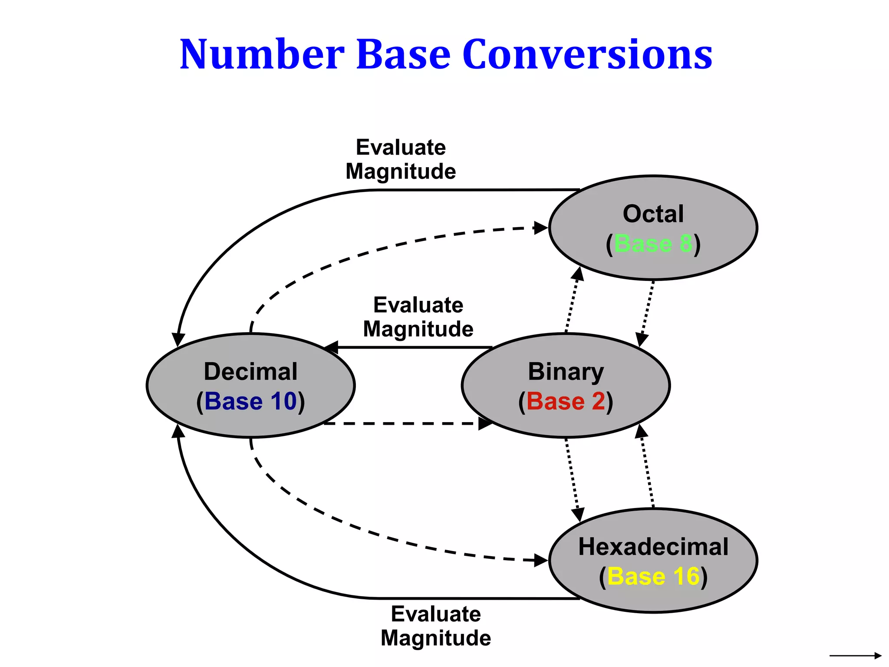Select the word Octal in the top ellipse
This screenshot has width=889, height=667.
(x=653, y=214)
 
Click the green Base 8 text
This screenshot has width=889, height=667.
(x=653, y=243)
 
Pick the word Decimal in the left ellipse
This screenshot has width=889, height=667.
(x=251, y=372)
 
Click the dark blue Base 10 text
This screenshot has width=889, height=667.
(x=251, y=401)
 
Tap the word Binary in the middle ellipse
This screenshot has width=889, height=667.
(x=566, y=372)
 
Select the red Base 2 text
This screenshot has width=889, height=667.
(x=566, y=401)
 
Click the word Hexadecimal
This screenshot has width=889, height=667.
(x=653, y=547)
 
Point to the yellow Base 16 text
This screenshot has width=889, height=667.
(x=653, y=576)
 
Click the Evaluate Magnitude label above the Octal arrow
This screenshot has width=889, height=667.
(x=401, y=159)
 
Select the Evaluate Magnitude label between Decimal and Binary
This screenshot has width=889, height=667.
(x=418, y=317)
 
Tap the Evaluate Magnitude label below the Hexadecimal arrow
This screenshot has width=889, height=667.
(x=436, y=626)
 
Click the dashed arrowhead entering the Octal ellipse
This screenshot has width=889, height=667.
(x=541, y=228)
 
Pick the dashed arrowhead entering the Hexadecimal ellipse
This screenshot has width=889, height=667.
(x=541, y=560)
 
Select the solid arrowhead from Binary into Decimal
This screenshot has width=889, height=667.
(x=332, y=347)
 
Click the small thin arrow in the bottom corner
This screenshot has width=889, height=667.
(x=855, y=655)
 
